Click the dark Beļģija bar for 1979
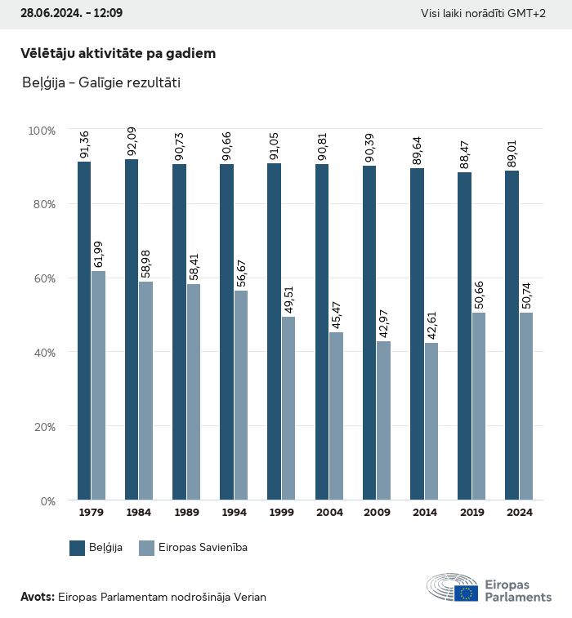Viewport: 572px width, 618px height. pos(84,331)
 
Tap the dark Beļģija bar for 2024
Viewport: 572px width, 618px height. pos(512,335)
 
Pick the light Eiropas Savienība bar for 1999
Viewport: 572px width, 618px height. pos(288,408)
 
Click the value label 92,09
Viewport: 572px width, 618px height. pos(132,143)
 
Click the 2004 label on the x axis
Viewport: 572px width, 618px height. pos(329,513)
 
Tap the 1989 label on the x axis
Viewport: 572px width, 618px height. pos(186,513)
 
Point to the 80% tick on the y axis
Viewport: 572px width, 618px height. pos(42,204)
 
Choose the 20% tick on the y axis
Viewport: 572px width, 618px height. pos(42,427)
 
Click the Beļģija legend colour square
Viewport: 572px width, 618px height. pos(78,548)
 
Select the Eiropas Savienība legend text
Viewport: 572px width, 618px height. pos(203,548)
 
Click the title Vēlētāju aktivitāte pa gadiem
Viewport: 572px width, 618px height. pos(118,54)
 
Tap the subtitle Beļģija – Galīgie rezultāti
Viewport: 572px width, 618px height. pos(101,82)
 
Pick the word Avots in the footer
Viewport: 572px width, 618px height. pos(37,597)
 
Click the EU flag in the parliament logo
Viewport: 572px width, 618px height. pos(467,593)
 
